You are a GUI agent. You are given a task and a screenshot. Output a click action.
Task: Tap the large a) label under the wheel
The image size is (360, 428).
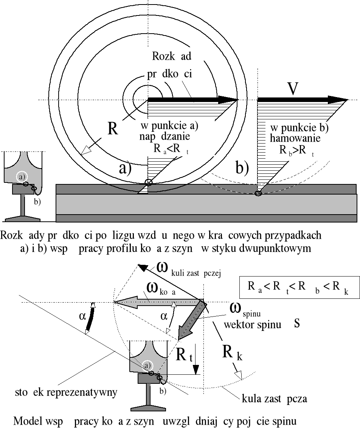tap(125, 168)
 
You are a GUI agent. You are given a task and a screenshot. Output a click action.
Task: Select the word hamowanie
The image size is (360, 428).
tap(295, 138)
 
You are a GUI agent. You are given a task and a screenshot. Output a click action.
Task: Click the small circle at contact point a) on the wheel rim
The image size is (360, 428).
tap(149, 182)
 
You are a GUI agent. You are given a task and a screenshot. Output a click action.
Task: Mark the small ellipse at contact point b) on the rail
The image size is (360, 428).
tap(258, 194)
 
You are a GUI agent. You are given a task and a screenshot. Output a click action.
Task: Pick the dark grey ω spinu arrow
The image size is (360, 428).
tap(191, 320)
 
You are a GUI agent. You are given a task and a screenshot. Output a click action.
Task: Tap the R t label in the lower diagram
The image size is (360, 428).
tap(185, 355)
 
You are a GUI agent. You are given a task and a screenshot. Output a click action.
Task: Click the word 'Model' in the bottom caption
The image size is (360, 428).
tap(26, 420)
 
